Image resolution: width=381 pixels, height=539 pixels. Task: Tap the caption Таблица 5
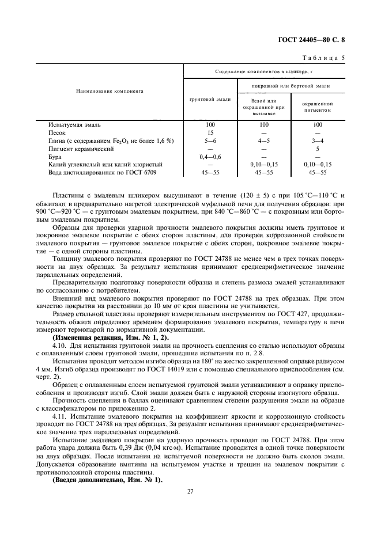(x=323, y=58)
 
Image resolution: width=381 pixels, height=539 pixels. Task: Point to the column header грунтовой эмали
(x=210, y=99)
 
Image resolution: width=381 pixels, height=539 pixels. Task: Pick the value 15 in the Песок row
(x=210, y=132)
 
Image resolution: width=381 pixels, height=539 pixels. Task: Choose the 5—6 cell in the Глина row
(x=210, y=141)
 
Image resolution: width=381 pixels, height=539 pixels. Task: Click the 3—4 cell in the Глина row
(x=318, y=141)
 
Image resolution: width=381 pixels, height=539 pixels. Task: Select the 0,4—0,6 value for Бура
(x=210, y=157)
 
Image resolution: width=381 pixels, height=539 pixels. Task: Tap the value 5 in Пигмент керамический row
(x=318, y=149)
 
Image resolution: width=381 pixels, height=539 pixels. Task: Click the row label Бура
(x=54, y=157)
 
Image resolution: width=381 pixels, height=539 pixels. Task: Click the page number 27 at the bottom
(x=190, y=491)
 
